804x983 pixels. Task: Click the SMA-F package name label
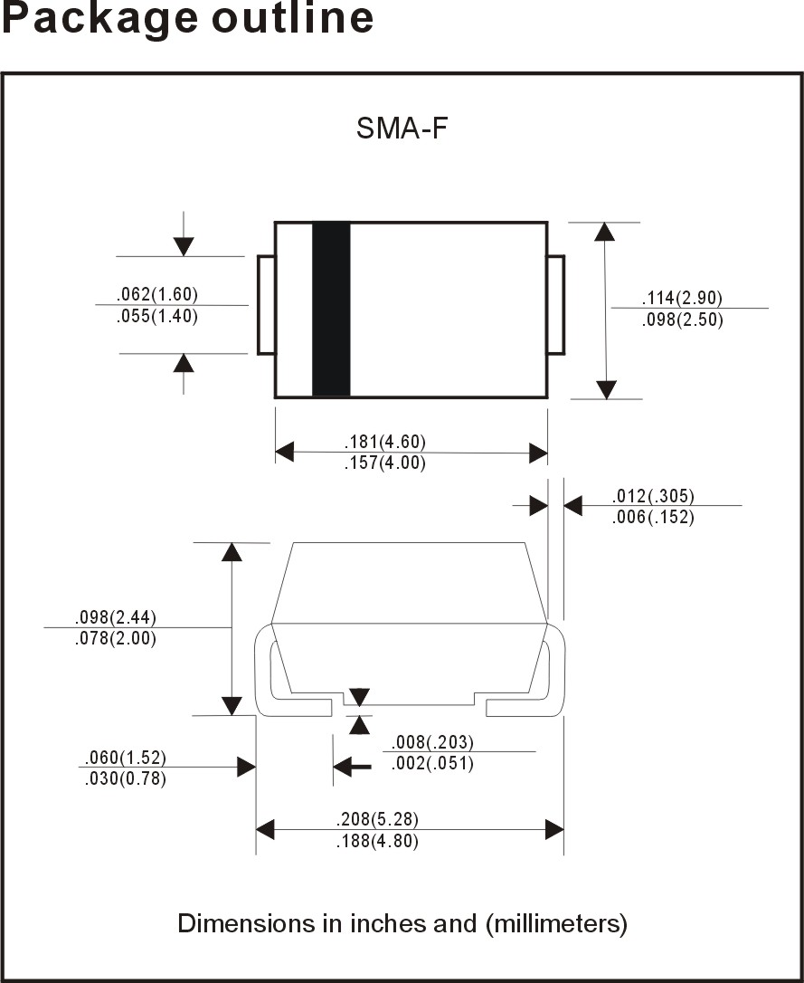pyautogui.click(x=402, y=129)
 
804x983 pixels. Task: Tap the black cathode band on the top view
pyautogui.click(x=331, y=310)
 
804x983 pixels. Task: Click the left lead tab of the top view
pyautogui.click(x=266, y=305)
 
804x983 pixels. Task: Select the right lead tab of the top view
pyautogui.click(x=556, y=305)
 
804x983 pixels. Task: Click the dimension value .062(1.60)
pyautogui.click(x=157, y=294)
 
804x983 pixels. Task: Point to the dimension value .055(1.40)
pyautogui.click(x=157, y=316)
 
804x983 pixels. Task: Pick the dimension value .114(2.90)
pyautogui.click(x=682, y=298)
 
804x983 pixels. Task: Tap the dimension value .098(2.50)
pyautogui.click(x=682, y=320)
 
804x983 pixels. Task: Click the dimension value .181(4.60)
pyautogui.click(x=384, y=442)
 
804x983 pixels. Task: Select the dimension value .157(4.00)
pyautogui.click(x=384, y=463)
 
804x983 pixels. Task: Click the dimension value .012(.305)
pyautogui.click(x=653, y=497)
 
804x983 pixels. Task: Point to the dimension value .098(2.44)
pyautogui.click(x=115, y=617)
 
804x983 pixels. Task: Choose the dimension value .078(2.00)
pyautogui.click(x=115, y=639)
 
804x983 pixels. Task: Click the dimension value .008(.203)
pyautogui.click(x=432, y=743)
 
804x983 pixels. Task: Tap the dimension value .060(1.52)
pyautogui.click(x=125, y=758)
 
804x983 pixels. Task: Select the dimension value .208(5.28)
pyautogui.click(x=377, y=819)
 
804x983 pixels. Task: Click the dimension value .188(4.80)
pyautogui.click(x=377, y=841)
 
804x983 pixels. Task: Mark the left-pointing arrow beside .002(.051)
pyautogui.click(x=353, y=766)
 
